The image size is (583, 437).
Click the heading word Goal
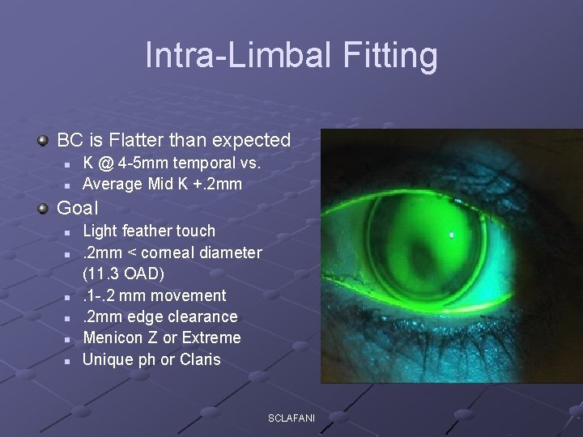click(x=77, y=208)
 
